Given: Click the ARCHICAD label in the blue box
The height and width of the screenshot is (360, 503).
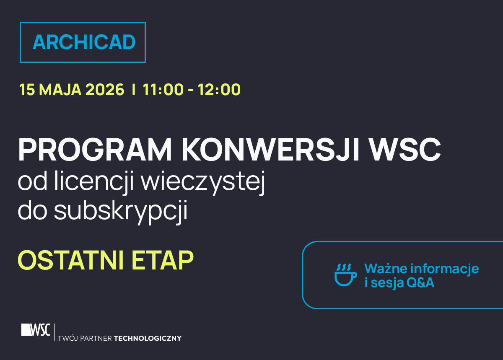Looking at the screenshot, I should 84,42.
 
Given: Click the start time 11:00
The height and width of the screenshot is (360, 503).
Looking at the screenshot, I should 163,90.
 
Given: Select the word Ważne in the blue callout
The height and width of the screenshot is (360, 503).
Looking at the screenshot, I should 385,268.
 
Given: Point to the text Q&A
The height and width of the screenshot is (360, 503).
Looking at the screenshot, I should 420,283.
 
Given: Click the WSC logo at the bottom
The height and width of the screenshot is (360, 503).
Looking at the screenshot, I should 36,329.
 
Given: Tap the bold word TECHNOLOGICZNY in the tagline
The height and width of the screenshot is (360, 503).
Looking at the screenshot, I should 148,338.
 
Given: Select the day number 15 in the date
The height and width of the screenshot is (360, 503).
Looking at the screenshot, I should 26,90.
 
